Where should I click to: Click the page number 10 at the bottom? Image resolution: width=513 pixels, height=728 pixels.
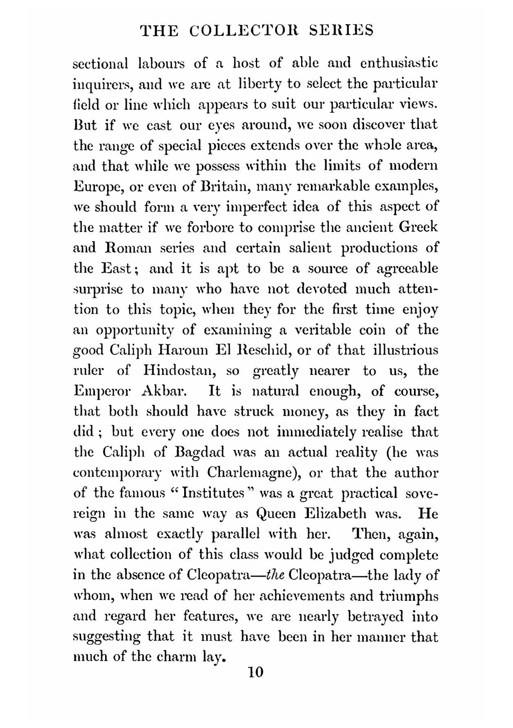255,672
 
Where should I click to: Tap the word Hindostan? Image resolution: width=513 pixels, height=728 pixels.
183,370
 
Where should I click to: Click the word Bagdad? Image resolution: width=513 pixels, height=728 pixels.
198,452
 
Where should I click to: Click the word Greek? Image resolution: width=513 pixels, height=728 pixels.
418,227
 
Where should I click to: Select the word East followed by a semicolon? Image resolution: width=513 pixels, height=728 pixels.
118,268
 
